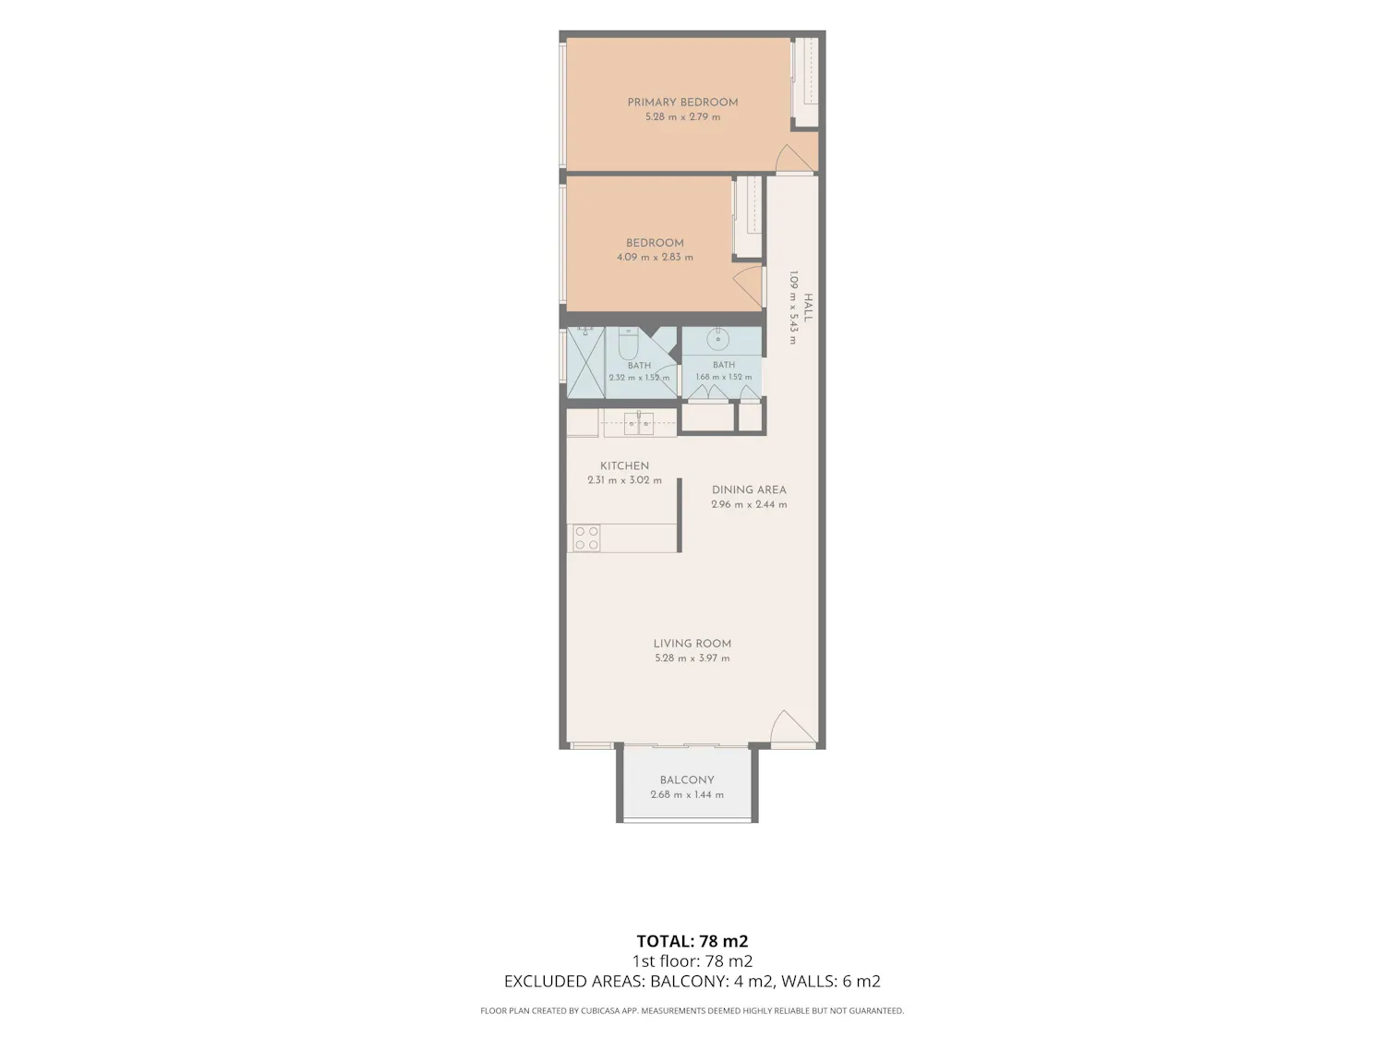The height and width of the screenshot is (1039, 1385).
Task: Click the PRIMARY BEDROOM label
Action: (682, 103)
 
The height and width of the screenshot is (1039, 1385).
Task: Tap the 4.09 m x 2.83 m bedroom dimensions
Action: (655, 258)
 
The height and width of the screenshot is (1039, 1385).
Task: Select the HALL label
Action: (808, 308)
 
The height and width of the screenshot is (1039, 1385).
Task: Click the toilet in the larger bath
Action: (629, 344)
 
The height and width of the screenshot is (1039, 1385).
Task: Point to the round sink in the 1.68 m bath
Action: (717, 339)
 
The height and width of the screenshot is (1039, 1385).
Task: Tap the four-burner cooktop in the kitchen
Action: (586, 538)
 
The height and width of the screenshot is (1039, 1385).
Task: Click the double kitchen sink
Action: (639, 423)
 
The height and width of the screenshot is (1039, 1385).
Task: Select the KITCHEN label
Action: (624, 466)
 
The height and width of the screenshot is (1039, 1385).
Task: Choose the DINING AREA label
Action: (749, 489)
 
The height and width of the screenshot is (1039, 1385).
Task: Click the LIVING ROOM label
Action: (692, 644)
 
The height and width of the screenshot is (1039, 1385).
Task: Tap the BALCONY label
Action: (687, 780)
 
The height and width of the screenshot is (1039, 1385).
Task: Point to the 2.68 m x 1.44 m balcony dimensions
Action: (687, 795)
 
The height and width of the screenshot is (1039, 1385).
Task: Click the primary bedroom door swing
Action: (794, 158)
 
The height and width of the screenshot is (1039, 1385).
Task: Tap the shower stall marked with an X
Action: (585, 363)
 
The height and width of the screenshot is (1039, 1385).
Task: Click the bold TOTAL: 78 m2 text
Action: (692, 941)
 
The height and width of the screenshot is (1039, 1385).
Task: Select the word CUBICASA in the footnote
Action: (599, 1010)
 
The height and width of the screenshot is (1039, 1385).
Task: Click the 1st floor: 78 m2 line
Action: (692, 961)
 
